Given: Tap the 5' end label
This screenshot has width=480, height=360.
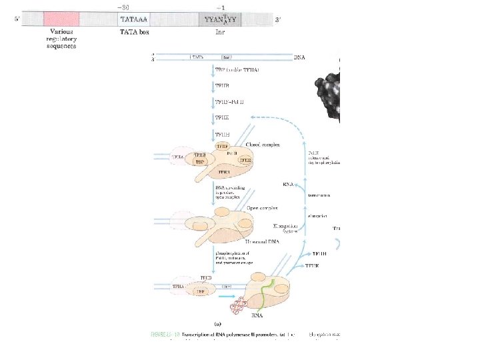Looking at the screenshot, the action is coord(17,19).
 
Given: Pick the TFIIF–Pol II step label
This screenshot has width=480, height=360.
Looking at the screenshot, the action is coord(229,101).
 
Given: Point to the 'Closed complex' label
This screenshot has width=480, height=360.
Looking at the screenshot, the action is coord(262,144).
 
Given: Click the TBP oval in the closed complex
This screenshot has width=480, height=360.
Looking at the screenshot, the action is coord(199,161).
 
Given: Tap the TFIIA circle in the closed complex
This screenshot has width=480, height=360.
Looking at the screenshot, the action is coord(178,157).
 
